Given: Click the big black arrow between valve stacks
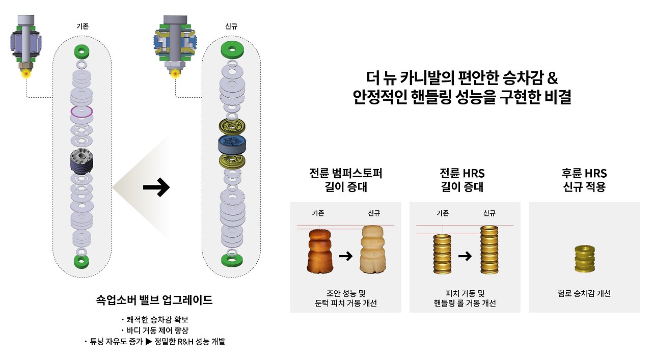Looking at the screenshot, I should (156, 188).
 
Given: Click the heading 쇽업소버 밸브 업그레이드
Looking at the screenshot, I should (154, 300).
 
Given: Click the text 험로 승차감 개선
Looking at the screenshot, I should (584, 293).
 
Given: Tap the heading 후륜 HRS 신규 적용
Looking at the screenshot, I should (584, 180).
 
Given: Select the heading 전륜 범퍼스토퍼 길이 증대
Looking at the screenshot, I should (345, 180).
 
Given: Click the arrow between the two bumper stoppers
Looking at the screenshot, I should (346, 256).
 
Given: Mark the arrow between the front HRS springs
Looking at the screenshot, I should (465, 256).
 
